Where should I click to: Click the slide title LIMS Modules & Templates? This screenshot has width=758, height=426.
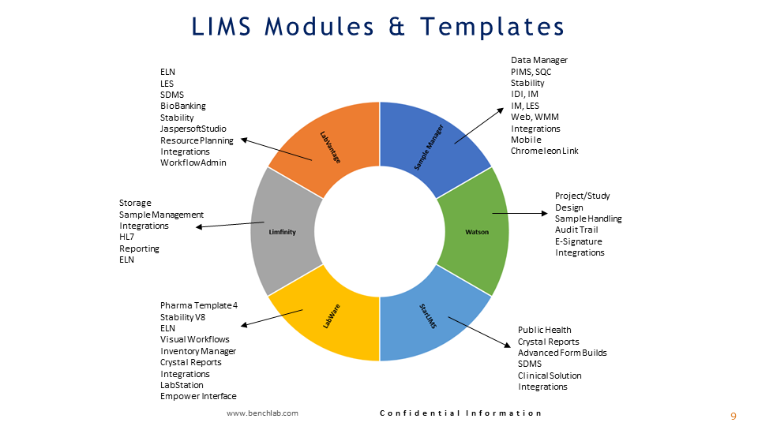(x=378, y=26)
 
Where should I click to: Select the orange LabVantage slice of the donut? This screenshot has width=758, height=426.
(x=328, y=146)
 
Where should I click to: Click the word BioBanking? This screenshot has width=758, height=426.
(x=183, y=106)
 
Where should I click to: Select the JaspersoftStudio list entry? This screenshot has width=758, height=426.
(x=193, y=129)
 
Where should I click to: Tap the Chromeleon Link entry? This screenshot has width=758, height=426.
(x=544, y=151)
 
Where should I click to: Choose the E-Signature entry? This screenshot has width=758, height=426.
(x=578, y=241)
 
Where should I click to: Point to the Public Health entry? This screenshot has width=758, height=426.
(x=544, y=330)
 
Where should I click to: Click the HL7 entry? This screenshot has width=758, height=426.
(x=127, y=237)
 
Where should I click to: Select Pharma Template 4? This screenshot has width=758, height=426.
(x=197, y=305)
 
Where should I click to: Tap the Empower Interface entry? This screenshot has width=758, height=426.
(x=198, y=396)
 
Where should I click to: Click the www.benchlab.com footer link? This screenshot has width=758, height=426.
(x=262, y=413)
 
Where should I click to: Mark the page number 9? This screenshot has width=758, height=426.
(x=733, y=416)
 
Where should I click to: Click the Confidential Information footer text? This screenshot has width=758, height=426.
(x=461, y=413)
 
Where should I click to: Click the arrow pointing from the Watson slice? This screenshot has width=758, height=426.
(x=521, y=213)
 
